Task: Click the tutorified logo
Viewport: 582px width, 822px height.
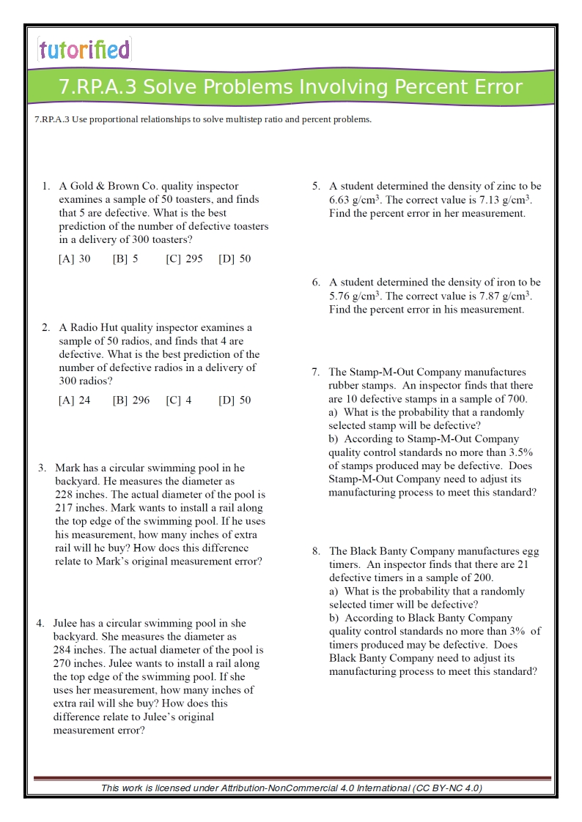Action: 84,49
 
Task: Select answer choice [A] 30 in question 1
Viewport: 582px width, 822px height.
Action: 75,258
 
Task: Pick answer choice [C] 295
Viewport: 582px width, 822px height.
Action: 184,258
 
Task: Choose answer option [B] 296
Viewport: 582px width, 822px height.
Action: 131,400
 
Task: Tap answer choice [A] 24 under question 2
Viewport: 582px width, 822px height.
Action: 75,400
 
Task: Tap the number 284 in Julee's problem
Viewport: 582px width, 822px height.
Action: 62,650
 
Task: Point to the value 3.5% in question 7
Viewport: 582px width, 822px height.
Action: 520,452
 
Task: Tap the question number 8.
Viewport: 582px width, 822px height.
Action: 315,551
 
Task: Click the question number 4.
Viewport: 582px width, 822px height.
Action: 40,624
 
